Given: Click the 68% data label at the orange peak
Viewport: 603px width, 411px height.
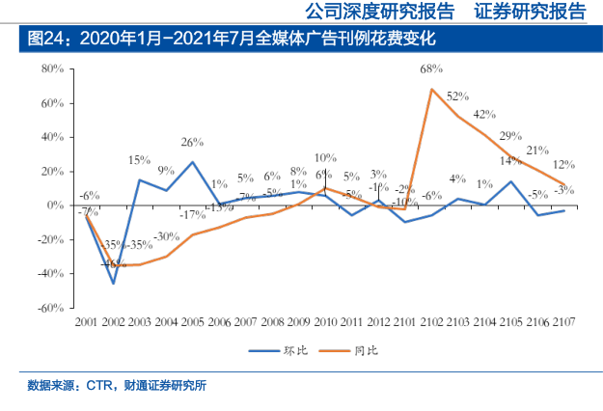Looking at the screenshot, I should (x=431, y=69).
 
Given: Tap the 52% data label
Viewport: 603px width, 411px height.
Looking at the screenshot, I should (x=457, y=96).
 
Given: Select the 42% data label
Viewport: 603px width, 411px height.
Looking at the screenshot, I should (x=484, y=115).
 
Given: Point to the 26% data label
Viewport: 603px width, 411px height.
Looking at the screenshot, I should (x=192, y=142).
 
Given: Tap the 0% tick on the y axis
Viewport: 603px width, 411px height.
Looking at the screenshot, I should (x=56, y=205).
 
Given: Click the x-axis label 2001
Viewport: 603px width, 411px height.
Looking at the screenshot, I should (x=86, y=321).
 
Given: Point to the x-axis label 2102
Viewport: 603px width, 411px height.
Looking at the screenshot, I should (x=431, y=321).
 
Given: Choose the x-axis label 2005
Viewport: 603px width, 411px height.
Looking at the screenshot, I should (x=192, y=321).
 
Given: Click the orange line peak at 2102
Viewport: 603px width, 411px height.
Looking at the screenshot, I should (x=431, y=89).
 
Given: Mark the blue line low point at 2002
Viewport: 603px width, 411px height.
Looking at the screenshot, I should (x=113, y=283).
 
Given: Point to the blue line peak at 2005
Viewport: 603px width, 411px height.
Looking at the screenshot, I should (x=192, y=162).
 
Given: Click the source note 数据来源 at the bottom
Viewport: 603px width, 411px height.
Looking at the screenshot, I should (x=117, y=386).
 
